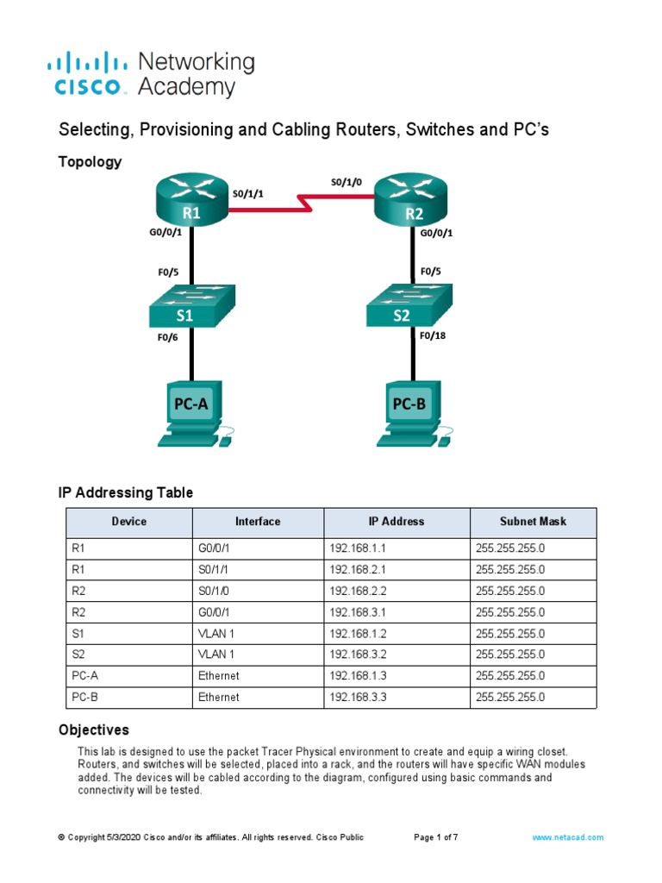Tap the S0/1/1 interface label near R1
coord(247,194)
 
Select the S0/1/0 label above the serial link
coord(347,182)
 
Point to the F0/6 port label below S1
coord(167,338)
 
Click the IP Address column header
coord(396,522)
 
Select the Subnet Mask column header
coord(534,522)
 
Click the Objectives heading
coord(93,730)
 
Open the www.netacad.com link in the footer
coord(567,837)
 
